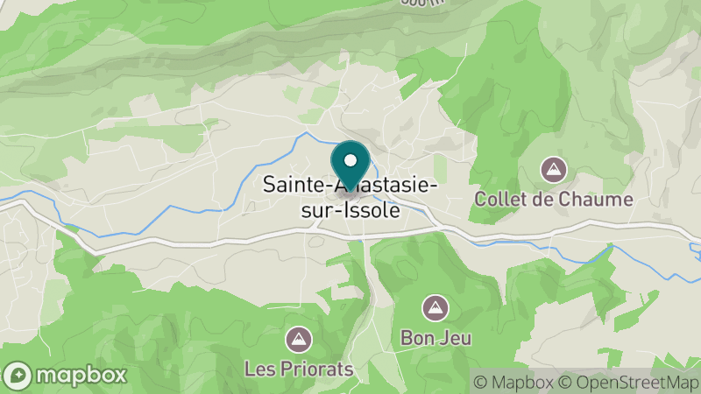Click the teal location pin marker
click(350, 163)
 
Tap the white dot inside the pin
click(350, 160)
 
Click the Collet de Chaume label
click(553, 199)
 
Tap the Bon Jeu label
click(433, 336)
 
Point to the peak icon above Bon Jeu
click(433, 306)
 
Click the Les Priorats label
click(300, 369)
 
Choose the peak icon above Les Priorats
click(300, 338)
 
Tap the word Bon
click(415, 336)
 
